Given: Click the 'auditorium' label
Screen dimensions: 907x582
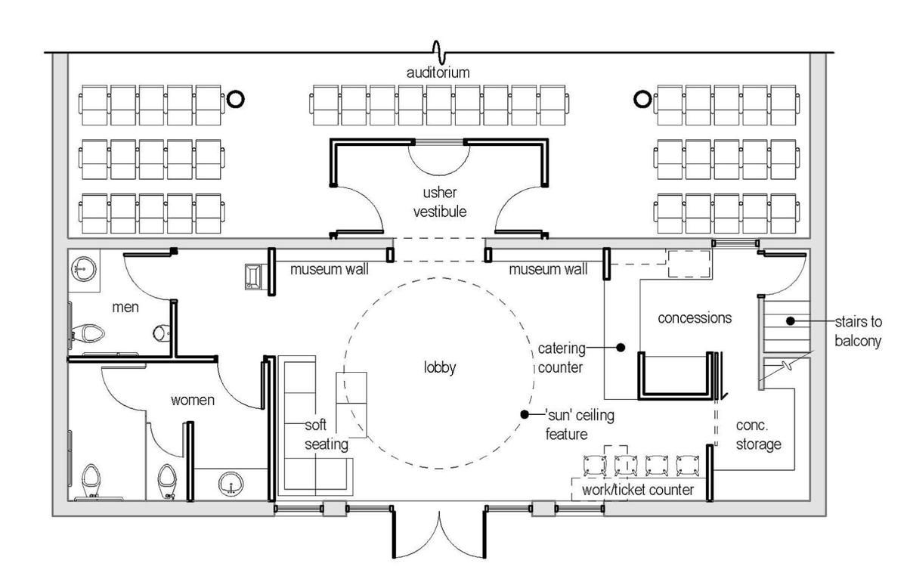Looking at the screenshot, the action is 438,73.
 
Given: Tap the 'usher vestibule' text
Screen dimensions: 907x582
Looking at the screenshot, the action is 440,202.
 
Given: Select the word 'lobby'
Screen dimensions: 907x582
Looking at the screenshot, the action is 440,367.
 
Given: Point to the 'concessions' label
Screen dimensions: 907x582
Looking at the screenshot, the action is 695,318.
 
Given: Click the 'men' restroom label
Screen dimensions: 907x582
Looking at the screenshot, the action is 125,308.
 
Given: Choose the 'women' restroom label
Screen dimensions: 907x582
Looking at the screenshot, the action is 192,400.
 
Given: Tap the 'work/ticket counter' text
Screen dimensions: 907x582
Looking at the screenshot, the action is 638,490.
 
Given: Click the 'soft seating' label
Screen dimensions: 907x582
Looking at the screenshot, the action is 326,435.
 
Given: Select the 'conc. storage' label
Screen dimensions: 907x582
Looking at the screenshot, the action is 758,435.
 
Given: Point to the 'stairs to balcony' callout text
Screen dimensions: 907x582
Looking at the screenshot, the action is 858,331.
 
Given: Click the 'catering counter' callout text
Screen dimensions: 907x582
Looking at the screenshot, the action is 561,358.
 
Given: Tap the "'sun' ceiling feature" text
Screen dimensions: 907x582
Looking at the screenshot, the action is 580,425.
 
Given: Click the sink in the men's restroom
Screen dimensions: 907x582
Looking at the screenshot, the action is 84,269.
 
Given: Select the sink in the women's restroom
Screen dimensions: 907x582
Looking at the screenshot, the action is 231,484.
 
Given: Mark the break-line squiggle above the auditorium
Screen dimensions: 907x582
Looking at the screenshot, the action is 439,53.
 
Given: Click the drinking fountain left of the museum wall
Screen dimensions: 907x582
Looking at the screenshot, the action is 253,277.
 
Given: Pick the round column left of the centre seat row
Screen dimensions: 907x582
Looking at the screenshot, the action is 235,99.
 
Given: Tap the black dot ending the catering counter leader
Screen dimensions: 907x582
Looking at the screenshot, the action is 621,348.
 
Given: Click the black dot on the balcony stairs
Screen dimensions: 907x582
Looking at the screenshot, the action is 791,320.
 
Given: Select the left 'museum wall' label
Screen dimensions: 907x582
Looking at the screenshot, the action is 330,269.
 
